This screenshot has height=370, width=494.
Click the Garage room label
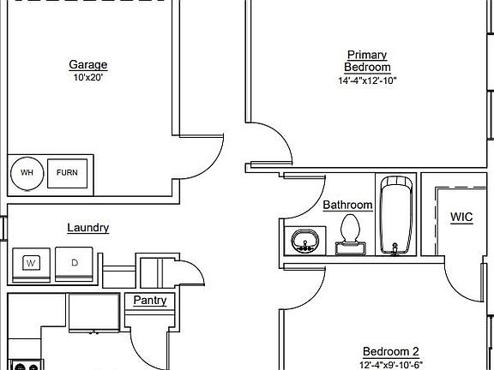coord(88,65)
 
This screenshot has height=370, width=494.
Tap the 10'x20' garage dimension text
coord(88,77)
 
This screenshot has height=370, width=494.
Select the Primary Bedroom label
coord(367,61)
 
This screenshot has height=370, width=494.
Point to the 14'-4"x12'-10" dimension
coord(367,81)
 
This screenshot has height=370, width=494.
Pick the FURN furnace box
coord(67,173)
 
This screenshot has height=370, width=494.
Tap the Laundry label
coord(88,228)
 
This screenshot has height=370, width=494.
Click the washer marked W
coord(31,265)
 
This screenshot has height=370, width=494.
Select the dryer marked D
coord(74,264)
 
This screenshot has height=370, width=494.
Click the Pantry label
coord(150,300)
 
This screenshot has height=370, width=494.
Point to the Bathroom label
coord(348,206)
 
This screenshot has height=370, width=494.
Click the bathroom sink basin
coord(305,241)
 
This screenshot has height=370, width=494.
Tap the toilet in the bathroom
coord(350,234)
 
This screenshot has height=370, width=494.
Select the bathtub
coord(396,215)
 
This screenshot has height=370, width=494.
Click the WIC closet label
coord(461,217)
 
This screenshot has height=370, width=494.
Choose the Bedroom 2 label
coord(391,351)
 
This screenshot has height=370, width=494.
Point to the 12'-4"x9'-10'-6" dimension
coord(391,365)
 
